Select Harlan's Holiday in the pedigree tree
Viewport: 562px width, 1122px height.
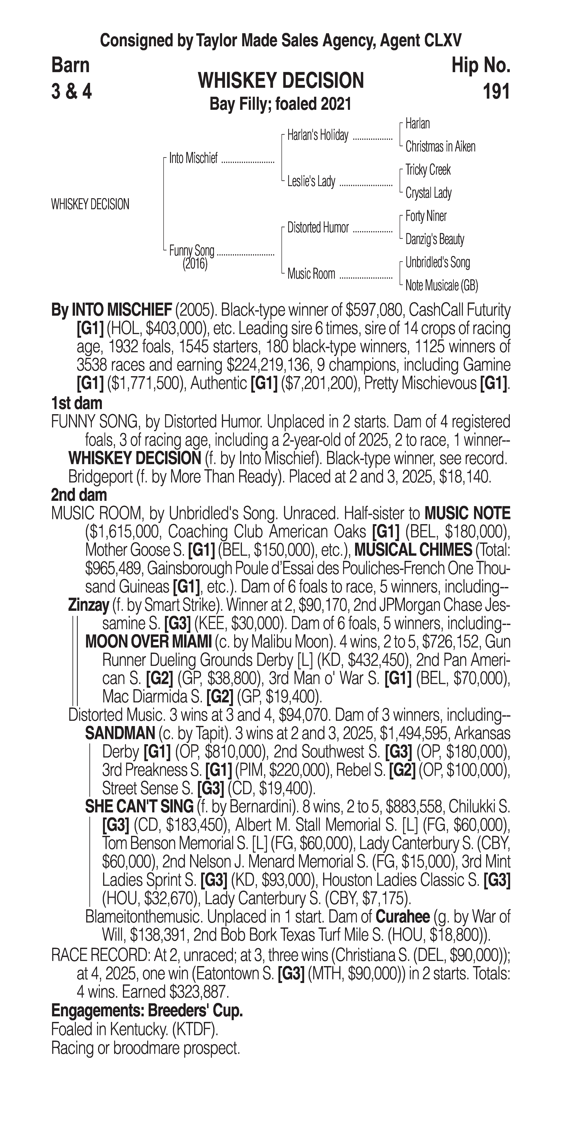coord(318,136)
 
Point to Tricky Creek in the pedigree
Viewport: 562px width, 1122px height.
coord(428,170)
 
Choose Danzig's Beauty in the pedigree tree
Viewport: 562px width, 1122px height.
coord(434,239)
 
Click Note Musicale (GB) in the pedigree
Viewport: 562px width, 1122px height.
coord(441,286)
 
